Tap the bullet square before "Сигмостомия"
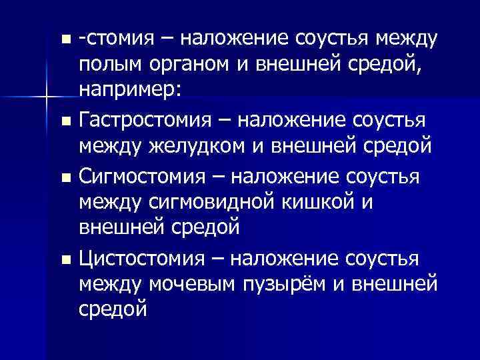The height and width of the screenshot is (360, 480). [x=64, y=179]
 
